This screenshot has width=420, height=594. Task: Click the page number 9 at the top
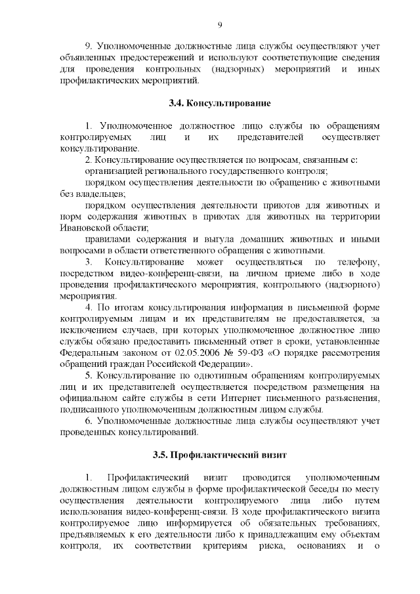click(219, 25)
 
